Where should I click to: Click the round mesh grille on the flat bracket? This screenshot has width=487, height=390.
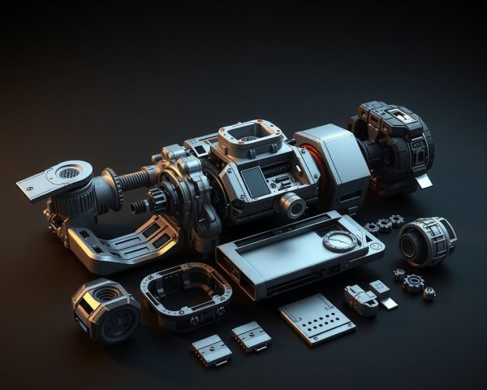point(70,172)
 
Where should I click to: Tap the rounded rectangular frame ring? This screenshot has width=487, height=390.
point(186,294)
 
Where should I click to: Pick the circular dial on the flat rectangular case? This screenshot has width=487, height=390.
point(338,240)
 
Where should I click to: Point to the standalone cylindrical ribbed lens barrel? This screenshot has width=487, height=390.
point(426,241)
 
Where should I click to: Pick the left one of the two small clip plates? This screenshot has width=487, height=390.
point(211,349)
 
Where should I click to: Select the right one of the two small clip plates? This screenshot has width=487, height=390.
point(251,335)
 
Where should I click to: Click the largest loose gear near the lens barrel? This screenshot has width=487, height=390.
point(414,283)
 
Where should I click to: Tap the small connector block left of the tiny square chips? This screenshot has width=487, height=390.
point(360,299)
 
